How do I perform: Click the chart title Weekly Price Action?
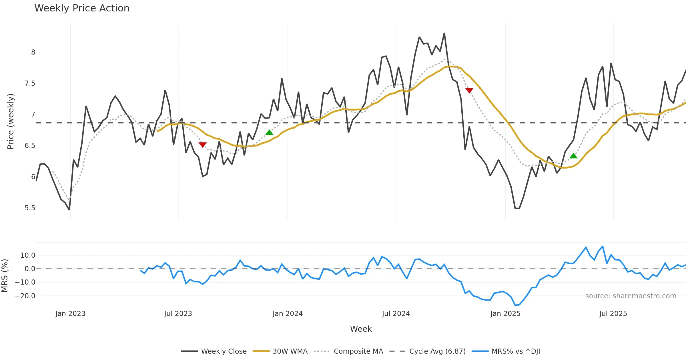click(82, 8)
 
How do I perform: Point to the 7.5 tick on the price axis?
click(30, 83)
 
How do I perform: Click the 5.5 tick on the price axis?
click(30, 208)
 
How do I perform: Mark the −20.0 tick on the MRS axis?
click(25, 296)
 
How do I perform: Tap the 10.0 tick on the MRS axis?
click(27, 255)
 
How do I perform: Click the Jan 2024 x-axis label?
click(288, 314)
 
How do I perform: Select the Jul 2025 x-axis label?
click(613, 314)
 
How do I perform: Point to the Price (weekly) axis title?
click(11, 121)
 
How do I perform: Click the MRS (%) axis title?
click(5, 276)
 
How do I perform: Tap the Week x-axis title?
click(361, 329)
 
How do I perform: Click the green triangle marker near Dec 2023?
click(269, 133)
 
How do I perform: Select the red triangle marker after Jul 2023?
click(203, 145)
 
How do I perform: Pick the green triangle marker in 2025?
click(573, 156)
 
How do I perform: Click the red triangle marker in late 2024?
click(469, 91)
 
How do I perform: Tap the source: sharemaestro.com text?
click(631, 296)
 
